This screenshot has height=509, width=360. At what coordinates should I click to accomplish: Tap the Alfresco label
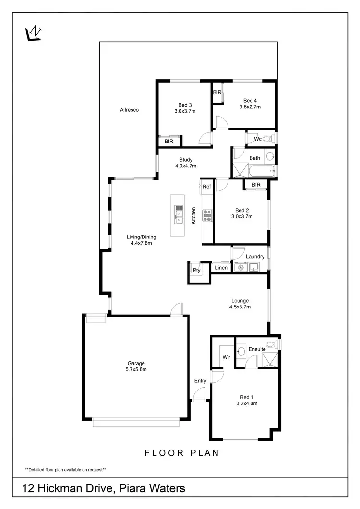click(129, 110)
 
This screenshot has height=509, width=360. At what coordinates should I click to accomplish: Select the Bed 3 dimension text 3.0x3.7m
click(185, 111)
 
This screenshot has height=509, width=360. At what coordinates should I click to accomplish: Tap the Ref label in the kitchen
click(206, 187)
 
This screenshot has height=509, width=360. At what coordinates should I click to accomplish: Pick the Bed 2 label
click(242, 210)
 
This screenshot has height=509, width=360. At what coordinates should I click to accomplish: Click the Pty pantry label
click(196, 270)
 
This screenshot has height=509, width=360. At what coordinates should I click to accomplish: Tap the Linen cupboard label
click(221, 267)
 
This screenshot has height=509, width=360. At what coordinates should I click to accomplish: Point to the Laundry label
click(255, 256)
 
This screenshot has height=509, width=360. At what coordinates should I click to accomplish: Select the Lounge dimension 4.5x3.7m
click(240, 307)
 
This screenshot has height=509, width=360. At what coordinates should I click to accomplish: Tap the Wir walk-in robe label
click(227, 357)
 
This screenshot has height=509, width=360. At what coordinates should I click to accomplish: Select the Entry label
click(200, 381)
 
